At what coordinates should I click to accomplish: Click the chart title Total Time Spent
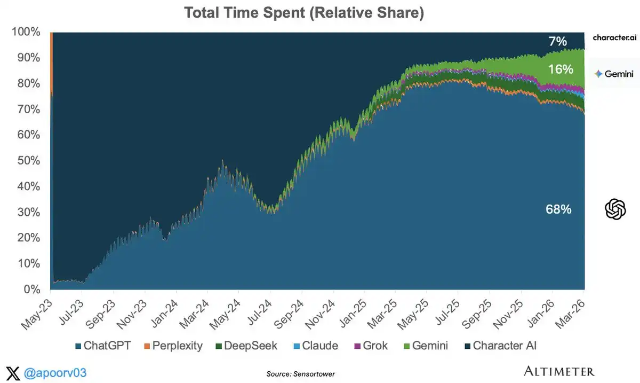tap(304, 13)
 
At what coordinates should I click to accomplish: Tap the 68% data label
tap(558, 210)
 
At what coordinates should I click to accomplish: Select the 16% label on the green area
tap(560, 69)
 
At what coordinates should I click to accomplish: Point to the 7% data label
tap(558, 41)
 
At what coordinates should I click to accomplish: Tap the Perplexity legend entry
tap(172, 346)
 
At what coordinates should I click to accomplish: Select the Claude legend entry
tap(315, 346)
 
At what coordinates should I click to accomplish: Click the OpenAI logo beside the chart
tap(615, 209)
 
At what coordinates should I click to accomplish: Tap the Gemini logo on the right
tap(614, 74)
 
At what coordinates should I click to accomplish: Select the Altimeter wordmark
tap(559, 371)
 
